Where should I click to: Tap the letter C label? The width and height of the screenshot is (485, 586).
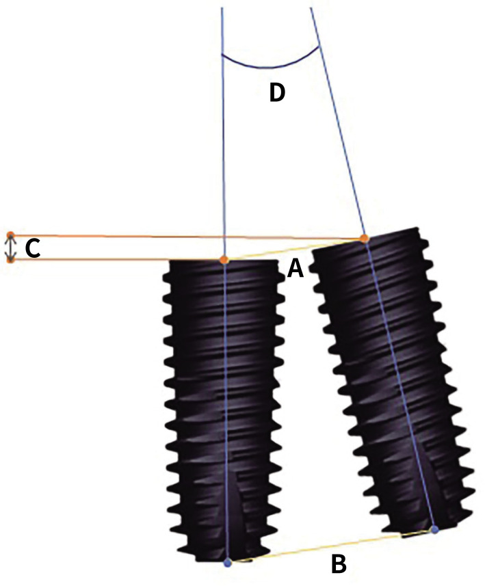tap(32, 250)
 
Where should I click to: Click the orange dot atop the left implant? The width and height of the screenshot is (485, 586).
tap(224, 260)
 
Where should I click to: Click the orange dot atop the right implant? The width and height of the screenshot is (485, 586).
tap(365, 238)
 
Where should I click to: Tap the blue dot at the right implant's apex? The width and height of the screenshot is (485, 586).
tap(434, 529)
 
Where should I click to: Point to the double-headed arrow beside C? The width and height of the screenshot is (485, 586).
tap(10, 247)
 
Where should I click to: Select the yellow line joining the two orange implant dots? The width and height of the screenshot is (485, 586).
tap(294, 249)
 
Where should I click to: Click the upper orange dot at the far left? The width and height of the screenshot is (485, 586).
tap(10, 235)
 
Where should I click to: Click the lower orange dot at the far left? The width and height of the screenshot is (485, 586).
tap(10, 259)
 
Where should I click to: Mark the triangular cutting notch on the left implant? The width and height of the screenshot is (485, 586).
tap(235, 509)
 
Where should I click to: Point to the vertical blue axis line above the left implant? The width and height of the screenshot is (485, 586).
tap(223, 137)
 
